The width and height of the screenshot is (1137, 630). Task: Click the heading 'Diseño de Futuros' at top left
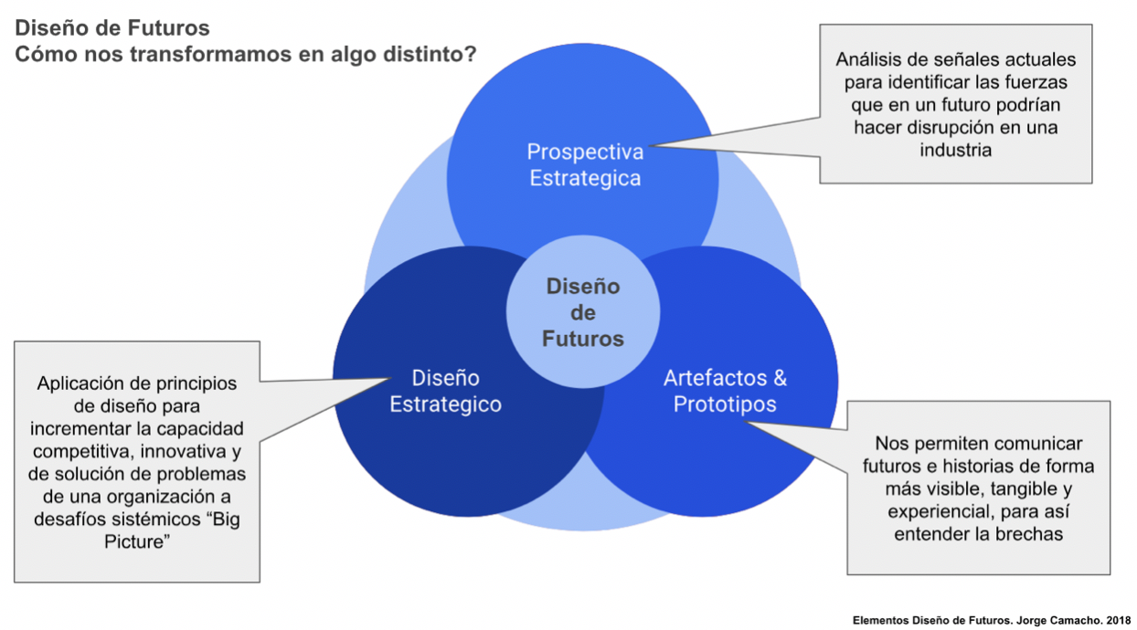(112, 27)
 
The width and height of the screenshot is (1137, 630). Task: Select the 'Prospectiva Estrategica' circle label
(585, 164)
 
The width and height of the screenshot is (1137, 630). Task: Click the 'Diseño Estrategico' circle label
(445, 391)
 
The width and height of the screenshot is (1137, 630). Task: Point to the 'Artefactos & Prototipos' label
(725, 391)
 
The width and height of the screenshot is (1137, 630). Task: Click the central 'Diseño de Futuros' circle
(583, 312)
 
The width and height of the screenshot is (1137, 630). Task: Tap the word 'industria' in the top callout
(955, 150)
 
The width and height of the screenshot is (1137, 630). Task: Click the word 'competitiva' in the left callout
(80, 452)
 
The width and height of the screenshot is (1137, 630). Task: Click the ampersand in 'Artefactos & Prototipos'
(779, 378)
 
